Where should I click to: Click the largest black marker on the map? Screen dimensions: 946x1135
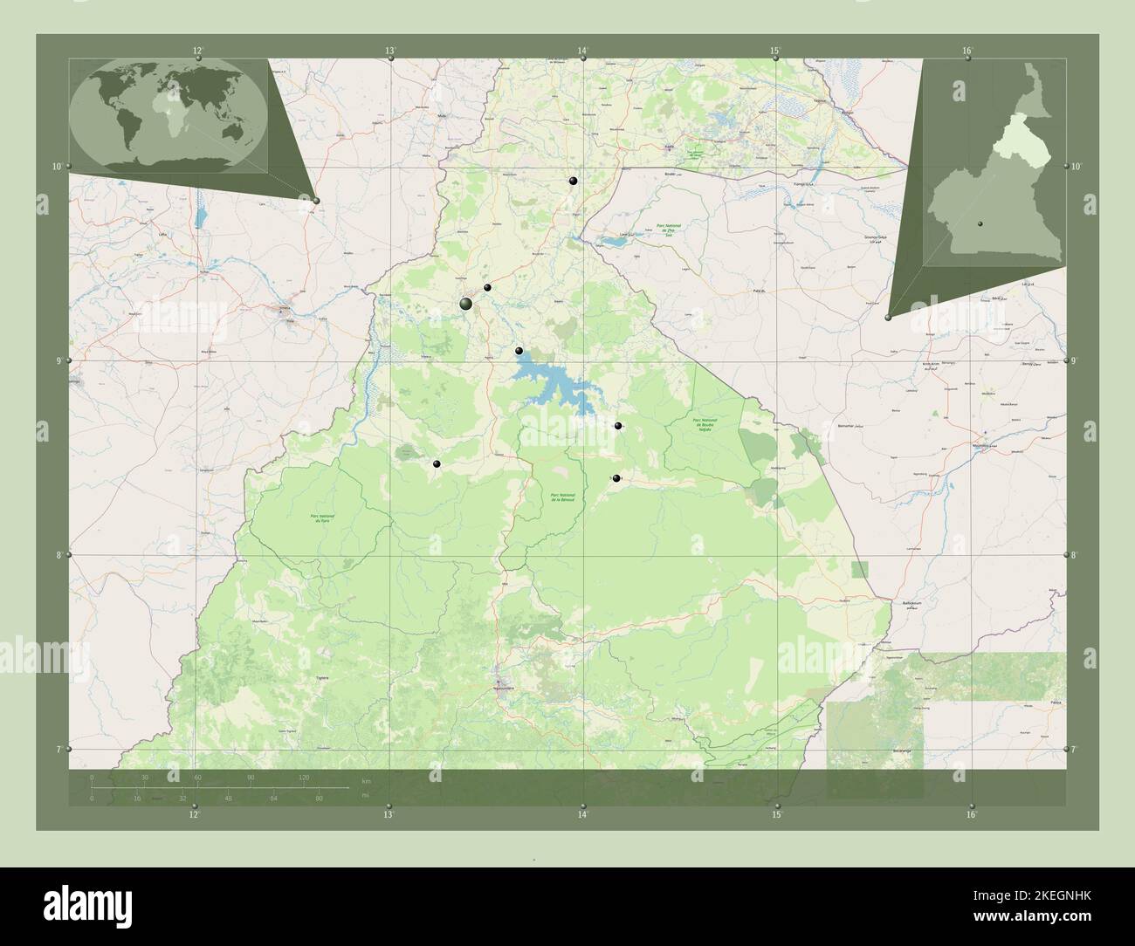[x=466, y=303]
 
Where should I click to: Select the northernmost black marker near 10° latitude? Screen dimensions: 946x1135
[x=573, y=181]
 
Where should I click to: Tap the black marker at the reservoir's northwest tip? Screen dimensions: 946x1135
[x=519, y=351]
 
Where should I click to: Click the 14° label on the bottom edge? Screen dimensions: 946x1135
[x=582, y=814]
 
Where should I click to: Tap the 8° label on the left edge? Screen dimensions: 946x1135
[x=59, y=555]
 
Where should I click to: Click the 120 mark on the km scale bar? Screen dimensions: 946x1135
[x=304, y=777]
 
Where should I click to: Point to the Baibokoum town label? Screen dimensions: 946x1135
[x=910, y=602]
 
